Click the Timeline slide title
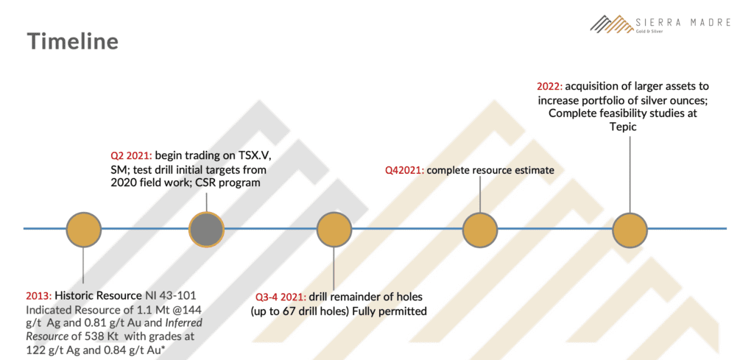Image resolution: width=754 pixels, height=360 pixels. [73, 41]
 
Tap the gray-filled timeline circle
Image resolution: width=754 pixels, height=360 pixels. [206, 229]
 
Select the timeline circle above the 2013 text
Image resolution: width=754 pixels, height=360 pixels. [84, 229]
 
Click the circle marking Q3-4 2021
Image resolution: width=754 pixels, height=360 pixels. [335, 229]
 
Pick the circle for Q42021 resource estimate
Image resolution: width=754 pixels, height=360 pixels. [480, 229]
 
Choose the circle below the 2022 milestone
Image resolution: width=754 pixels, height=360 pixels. [630, 229]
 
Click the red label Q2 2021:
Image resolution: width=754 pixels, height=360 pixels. [131, 156]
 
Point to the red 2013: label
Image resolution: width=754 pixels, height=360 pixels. [39, 295]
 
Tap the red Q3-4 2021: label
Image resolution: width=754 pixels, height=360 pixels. [282, 297]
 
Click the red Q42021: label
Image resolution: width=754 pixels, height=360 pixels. [404, 170]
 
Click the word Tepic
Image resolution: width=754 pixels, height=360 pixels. [623, 127]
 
